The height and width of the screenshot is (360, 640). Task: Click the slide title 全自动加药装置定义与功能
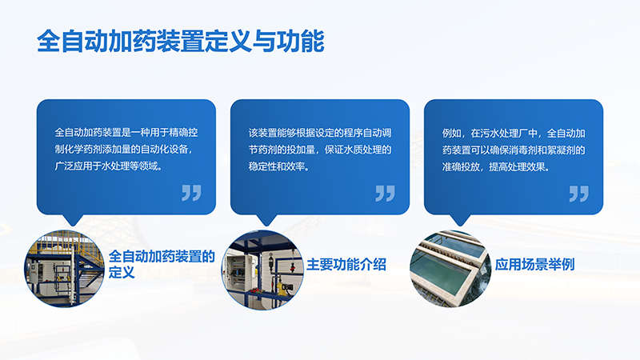(x=181, y=41)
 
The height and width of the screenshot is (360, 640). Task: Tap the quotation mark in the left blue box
(x=191, y=193)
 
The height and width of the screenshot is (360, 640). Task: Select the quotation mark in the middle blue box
(x=385, y=193)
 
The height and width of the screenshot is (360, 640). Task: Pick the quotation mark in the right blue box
(x=578, y=193)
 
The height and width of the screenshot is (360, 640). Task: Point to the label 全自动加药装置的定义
(x=162, y=264)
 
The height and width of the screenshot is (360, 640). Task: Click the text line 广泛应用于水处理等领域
(x=108, y=166)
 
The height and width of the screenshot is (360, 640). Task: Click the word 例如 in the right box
(x=453, y=131)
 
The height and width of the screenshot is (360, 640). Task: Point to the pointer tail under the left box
(x=73, y=220)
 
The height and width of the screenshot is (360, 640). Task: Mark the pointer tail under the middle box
(x=266, y=220)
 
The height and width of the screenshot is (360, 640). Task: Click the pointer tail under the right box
(x=459, y=220)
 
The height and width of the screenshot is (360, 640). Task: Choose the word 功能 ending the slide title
(x=307, y=41)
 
